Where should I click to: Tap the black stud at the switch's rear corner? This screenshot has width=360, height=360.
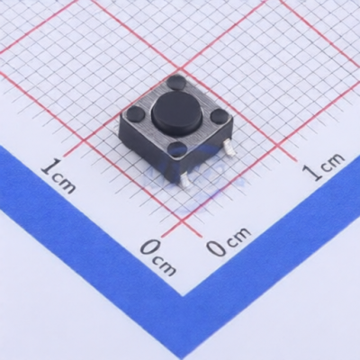(x=176, y=82)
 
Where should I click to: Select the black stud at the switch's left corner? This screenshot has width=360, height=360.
(x=135, y=113)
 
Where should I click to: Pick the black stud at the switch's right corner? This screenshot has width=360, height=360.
(x=219, y=115)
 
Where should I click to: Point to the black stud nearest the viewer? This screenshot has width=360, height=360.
(x=177, y=148)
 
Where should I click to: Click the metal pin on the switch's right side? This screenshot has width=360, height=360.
(x=229, y=148)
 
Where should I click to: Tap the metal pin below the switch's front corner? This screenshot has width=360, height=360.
(x=186, y=182)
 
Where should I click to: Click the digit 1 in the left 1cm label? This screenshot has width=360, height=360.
(x=50, y=166)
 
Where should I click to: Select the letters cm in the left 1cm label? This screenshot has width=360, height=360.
(x=65, y=182)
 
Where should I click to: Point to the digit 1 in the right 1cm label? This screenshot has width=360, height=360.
(x=312, y=172)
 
